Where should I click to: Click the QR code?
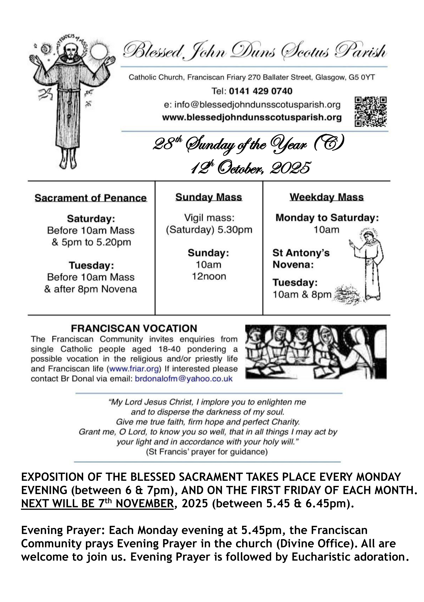pyautogui.click(x=371, y=112)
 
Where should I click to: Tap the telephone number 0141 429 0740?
pyautogui.click(x=261, y=91)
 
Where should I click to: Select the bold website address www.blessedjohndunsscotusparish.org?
pyautogui.click(x=252, y=117)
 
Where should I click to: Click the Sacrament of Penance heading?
pyautogui.click(x=91, y=198)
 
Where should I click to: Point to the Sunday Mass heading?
pyautogui.click(x=209, y=197)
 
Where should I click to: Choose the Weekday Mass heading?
pyautogui.click(x=326, y=197)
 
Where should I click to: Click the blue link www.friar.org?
pyautogui.click(x=134, y=369)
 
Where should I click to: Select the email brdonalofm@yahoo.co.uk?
pyautogui.click(x=184, y=379)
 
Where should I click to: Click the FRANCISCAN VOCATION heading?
pyautogui.click(x=134, y=328)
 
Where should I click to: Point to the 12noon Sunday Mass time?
pyautogui.click(x=209, y=276)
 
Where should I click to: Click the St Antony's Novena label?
pyautogui.click(x=301, y=259)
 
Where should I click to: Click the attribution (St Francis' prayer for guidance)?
pyautogui.click(x=207, y=452)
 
